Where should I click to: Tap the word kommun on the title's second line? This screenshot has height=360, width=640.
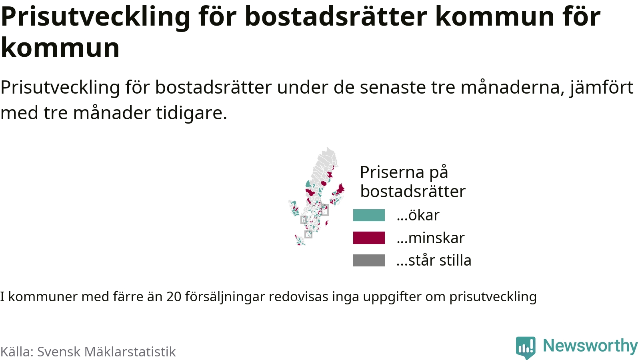[60, 48]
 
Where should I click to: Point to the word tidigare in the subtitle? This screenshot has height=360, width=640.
[192, 112]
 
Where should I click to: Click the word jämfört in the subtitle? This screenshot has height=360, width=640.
[602, 88]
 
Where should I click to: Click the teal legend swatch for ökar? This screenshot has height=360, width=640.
[369, 215]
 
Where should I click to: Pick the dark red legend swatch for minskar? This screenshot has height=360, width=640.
[369, 238]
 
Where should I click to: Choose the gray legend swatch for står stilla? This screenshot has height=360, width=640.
[369, 260]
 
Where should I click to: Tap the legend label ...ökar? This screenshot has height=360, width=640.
[418, 215]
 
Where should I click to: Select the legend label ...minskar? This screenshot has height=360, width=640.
[430, 238]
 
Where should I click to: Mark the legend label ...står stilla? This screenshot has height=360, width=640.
[434, 260]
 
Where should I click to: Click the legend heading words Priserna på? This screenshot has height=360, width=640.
[404, 172]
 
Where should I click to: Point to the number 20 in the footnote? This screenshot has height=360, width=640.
[174, 296]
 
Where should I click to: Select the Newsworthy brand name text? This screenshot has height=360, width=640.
[590, 346]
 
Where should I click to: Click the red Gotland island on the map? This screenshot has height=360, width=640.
[327, 222]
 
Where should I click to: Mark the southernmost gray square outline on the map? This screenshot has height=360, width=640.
[308, 234]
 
